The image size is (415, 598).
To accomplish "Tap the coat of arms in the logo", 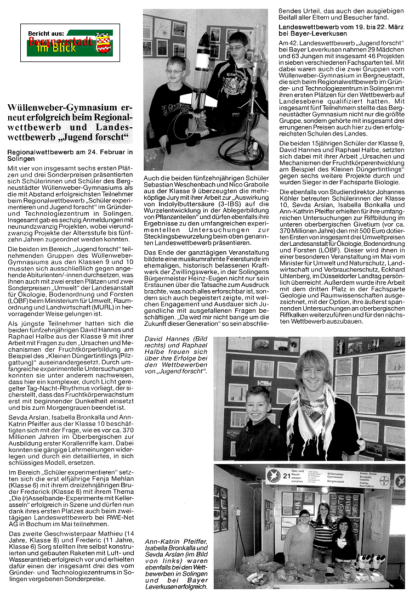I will pos(102,42).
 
